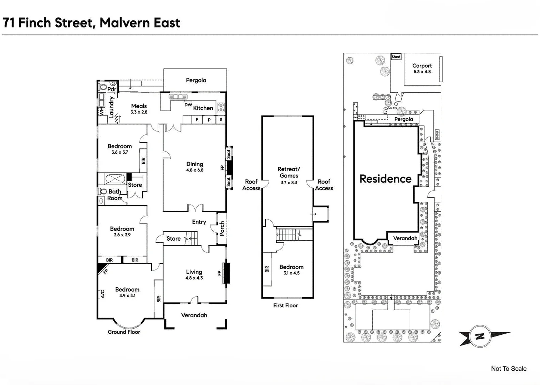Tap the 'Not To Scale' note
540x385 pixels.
(x=508, y=369)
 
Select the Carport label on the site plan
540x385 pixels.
(x=422, y=66)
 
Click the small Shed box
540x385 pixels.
(x=396, y=57)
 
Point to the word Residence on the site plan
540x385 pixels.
(x=385, y=179)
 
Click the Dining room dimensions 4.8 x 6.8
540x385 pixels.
(x=195, y=170)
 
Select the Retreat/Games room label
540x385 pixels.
(x=289, y=172)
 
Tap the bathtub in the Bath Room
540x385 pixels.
(x=114, y=178)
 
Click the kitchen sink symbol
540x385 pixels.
(x=178, y=97)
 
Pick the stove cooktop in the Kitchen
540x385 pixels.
(x=221, y=107)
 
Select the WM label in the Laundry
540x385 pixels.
(x=101, y=112)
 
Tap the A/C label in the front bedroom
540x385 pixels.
(x=102, y=294)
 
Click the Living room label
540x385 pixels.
(x=194, y=272)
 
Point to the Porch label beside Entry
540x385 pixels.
(x=222, y=228)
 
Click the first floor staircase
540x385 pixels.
(x=289, y=235)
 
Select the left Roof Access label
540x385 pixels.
(x=251, y=185)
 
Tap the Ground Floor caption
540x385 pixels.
(x=124, y=332)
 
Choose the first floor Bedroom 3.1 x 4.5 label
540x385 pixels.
(x=291, y=267)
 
